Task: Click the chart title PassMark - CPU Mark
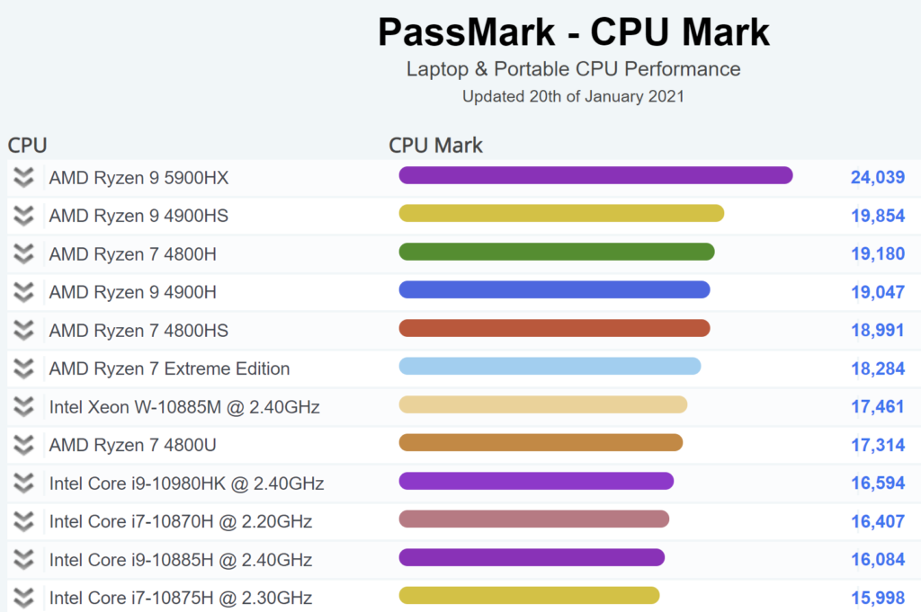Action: click(x=573, y=32)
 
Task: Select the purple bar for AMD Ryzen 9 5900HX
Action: click(x=595, y=175)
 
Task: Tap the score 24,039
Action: click(x=877, y=178)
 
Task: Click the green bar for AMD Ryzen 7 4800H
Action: click(x=556, y=252)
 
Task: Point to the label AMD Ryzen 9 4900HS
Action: click(x=139, y=216)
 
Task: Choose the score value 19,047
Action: click(x=877, y=292)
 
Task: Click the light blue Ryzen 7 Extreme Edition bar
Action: click(x=550, y=366)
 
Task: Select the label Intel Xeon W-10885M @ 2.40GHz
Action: click(x=184, y=407)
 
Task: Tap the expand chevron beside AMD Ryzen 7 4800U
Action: click(x=24, y=445)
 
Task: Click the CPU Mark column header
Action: click(x=435, y=146)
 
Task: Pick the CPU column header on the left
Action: click(x=27, y=146)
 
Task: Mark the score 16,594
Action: click(x=877, y=483)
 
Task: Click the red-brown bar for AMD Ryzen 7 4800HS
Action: click(x=554, y=328)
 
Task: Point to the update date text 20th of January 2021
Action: click(x=573, y=96)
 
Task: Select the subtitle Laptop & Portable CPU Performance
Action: click(x=573, y=69)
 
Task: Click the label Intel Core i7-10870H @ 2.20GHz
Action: click(x=181, y=521)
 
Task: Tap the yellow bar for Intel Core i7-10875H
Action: click(x=529, y=595)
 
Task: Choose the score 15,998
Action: click(x=877, y=598)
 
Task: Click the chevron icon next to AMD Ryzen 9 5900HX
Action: click(x=24, y=178)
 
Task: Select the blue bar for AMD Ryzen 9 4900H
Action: click(x=554, y=289)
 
